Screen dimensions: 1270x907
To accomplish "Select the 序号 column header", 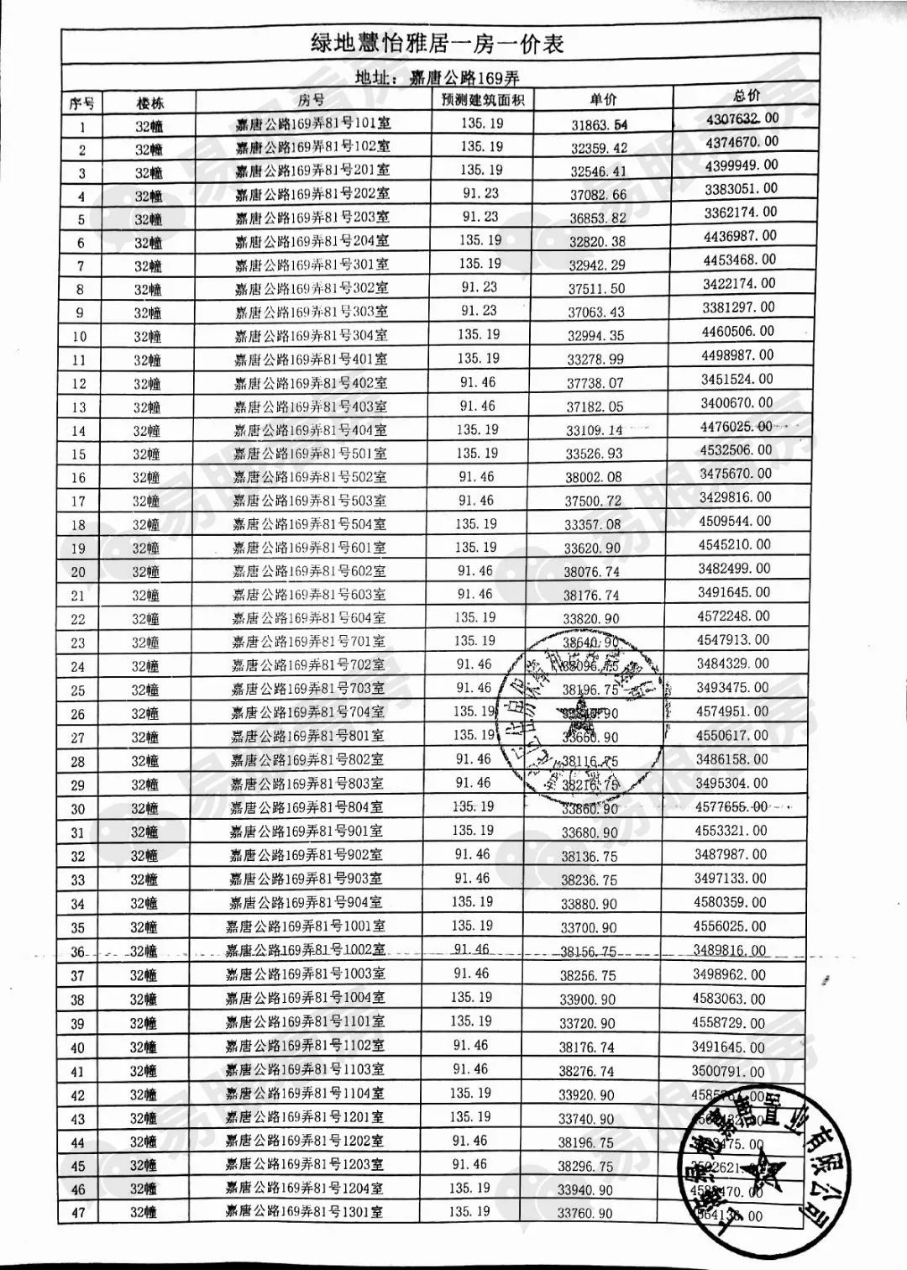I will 81,103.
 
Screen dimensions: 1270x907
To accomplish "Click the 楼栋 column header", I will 150,103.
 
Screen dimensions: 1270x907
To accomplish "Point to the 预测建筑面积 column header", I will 483,101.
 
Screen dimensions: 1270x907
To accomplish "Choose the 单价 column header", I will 602,99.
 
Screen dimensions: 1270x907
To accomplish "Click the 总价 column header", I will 746,96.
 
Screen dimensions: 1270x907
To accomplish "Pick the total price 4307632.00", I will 742,118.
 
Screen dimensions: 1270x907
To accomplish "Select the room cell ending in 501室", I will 310,454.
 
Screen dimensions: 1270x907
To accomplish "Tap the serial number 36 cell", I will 78,952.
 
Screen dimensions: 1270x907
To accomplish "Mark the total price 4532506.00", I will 736,449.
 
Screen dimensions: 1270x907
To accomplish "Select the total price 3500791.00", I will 728,1071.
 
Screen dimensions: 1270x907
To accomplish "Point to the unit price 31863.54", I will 599,125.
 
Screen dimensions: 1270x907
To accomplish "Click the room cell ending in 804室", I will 307,808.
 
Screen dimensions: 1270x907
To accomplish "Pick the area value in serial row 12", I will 478,382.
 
